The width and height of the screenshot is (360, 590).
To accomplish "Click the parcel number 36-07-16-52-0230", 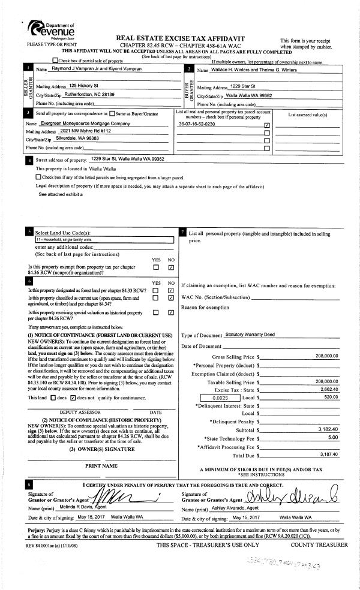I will pos(197,124).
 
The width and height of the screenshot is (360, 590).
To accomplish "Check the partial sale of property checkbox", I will pos(56,61).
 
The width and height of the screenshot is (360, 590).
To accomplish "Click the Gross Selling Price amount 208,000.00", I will pos(326,356).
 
